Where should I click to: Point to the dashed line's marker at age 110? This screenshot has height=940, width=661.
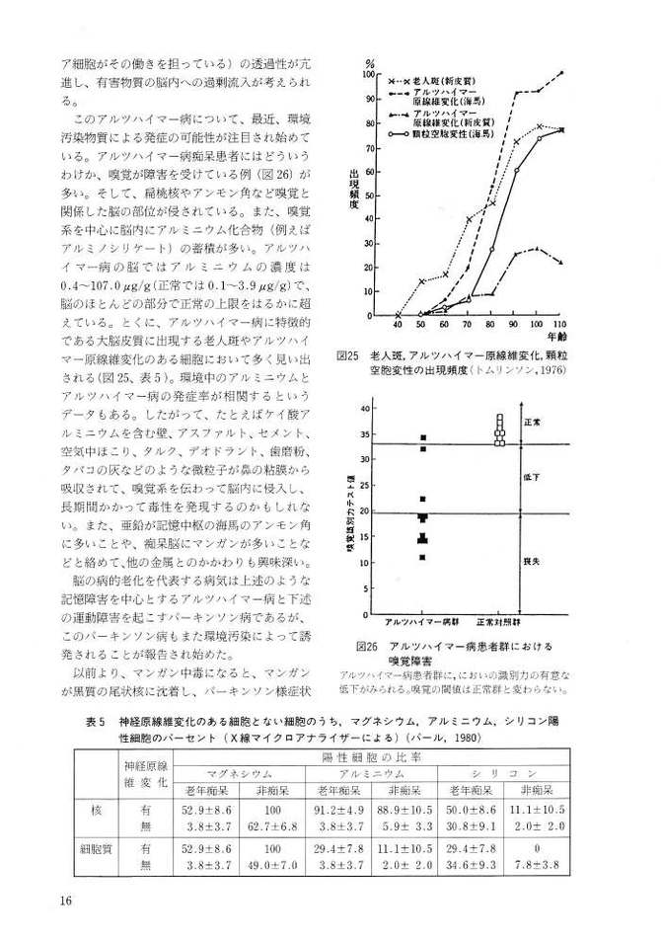point(561,72)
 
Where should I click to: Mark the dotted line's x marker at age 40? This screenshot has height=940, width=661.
point(398,315)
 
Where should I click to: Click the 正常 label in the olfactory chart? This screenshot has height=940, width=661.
point(558,421)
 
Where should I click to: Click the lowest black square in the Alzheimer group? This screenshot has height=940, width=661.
point(422,558)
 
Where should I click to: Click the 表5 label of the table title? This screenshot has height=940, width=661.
point(97,720)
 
